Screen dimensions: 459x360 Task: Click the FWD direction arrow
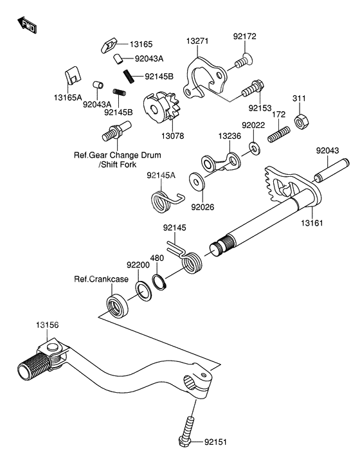27,25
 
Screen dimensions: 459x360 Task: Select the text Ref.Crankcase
101,279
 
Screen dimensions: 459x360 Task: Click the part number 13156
48,325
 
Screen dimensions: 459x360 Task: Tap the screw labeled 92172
242,62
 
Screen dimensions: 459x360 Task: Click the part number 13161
309,223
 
